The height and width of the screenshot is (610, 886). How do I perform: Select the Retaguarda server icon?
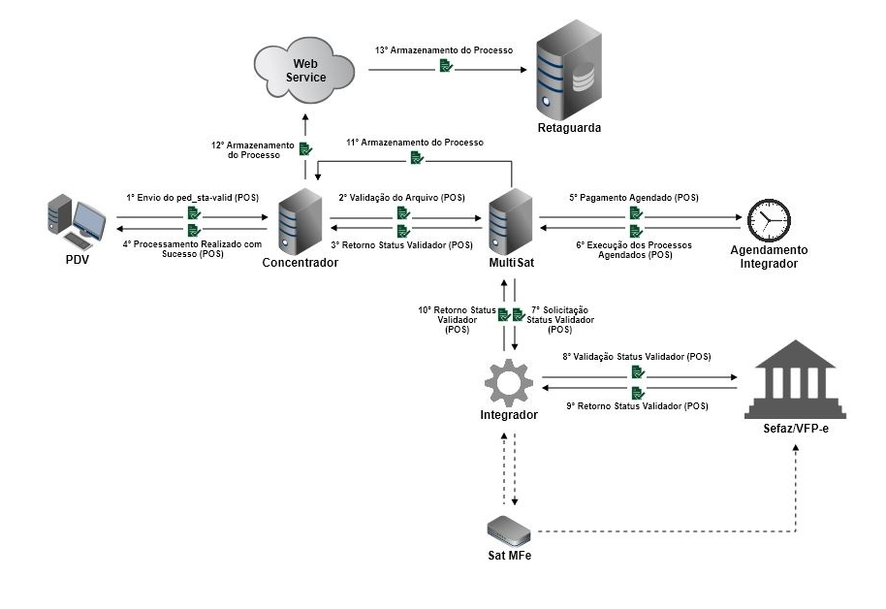click(x=569, y=67)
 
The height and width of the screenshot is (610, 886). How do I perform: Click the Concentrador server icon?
click(x=299, y=222)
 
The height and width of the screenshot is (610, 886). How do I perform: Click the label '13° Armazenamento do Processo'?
click(x=444, y=49)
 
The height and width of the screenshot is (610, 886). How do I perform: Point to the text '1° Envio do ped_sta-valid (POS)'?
click(x=191, y=197)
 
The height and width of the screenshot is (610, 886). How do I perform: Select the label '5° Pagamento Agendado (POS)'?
click(x=633, y=198)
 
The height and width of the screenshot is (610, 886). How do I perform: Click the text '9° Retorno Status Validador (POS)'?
click(x=637, y=406)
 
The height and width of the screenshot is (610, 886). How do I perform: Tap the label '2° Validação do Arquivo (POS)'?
click(x=401, y=198)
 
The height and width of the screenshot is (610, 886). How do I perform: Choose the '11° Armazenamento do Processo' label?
click(x=415, y=142)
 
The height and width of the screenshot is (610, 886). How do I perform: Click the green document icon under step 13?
click(x=444, y=66)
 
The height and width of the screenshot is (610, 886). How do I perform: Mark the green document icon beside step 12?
click(x=304, y=148)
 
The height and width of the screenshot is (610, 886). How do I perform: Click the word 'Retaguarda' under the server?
click(x=569, y=128)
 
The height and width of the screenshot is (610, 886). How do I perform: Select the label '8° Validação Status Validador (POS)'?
click(x=637, y=357)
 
